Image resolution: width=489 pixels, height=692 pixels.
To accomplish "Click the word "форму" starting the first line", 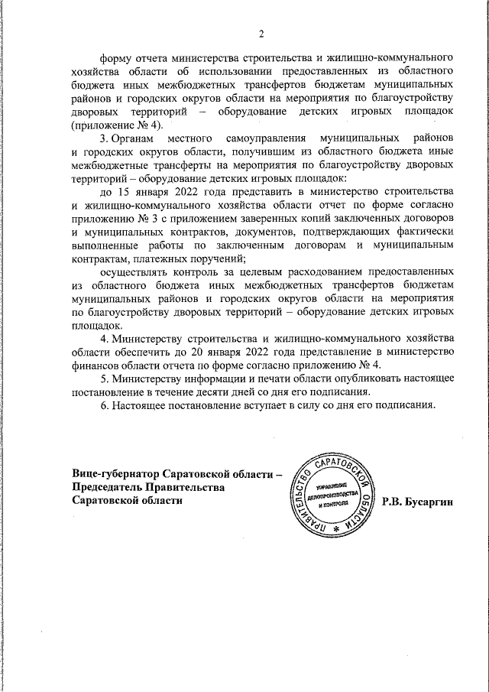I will point(118,58).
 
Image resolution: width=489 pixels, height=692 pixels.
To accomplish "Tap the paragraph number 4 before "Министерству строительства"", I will point(104,338).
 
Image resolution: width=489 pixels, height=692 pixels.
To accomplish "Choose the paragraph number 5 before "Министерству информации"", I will point(104,378).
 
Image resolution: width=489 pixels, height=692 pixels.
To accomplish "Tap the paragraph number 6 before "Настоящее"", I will point(104,404).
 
